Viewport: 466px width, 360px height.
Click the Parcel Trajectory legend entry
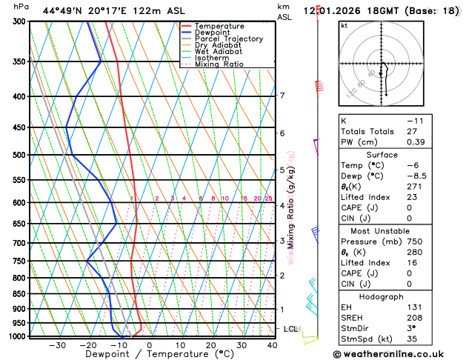(229, 39)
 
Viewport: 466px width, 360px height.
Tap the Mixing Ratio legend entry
(219, 64)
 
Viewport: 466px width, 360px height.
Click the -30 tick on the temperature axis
(57, 345)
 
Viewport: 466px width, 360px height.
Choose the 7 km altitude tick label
(282, 96)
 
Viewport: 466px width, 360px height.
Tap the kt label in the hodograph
(344, 25)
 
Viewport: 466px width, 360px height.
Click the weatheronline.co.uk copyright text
(404, 353)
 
